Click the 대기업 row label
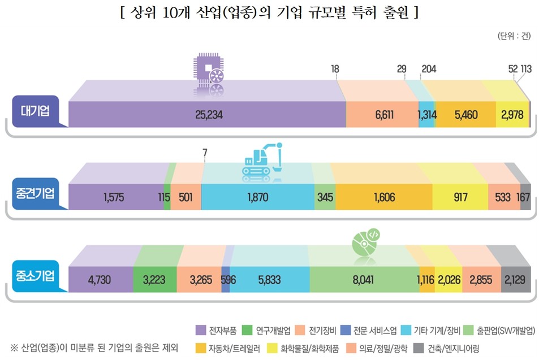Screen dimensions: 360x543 click(x=35, y=111)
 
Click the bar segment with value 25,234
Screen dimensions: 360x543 click(x=208, y=115)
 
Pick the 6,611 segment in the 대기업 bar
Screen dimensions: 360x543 click(x=381, y=115)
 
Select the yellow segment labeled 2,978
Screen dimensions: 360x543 click(x=512, y=115)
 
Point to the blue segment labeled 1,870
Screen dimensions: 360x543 click(x=257, y=198)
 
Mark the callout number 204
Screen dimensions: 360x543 click(x=428, y=69)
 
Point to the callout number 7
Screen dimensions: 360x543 click(x=204, y=152)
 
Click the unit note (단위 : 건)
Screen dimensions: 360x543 click(x=513, y=37)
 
